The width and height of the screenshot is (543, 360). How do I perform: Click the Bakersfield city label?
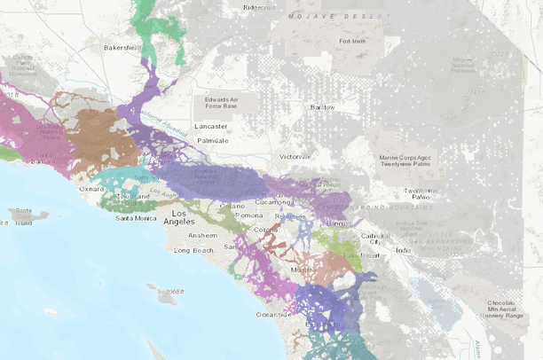click(x=122, y=47)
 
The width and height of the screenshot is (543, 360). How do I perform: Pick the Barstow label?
click(x=321, y=107)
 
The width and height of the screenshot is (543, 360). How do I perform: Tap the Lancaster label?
click(x=210, y=127)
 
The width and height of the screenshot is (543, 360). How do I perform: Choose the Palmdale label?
click(x=213, y=140)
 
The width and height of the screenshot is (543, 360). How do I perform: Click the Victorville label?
click(x=296, y=156)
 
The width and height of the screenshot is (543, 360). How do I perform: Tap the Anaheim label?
click(x=201, y=235)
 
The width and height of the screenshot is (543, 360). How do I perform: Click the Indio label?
click(x=403, y=250)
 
